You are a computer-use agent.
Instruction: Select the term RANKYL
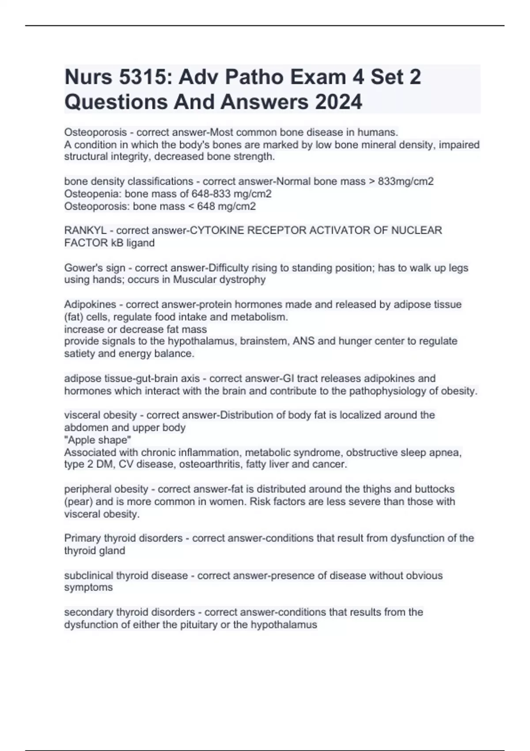click(85, 231)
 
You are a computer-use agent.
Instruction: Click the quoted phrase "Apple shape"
click(98, 440)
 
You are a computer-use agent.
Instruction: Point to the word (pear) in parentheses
click(78, 502)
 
